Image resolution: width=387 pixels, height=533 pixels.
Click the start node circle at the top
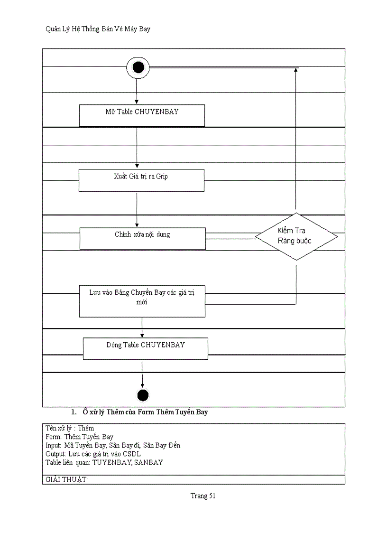138,68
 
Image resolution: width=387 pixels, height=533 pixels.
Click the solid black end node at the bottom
142,395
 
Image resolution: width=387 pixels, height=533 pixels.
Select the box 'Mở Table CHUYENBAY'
141,115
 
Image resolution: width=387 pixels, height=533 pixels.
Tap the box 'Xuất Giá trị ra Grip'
141,180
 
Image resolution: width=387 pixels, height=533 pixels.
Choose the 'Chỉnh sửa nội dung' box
142,238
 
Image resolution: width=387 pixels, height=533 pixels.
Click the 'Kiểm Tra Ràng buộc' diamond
296,236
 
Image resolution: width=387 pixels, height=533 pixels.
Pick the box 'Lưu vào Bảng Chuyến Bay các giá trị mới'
142,300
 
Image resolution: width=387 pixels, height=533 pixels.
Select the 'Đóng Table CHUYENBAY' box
145,348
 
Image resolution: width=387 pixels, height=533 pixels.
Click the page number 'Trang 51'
203,496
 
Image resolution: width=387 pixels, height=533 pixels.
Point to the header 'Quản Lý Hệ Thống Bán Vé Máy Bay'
98,29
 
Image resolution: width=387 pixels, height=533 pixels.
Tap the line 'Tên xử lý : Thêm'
70,428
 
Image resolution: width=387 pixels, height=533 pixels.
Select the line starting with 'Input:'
113,445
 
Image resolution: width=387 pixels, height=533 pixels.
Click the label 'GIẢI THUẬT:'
67,479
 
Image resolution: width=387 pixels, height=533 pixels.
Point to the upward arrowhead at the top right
296,70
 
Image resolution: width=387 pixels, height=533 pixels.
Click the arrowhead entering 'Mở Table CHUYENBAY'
137,102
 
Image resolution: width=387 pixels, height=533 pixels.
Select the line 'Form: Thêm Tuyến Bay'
79,437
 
